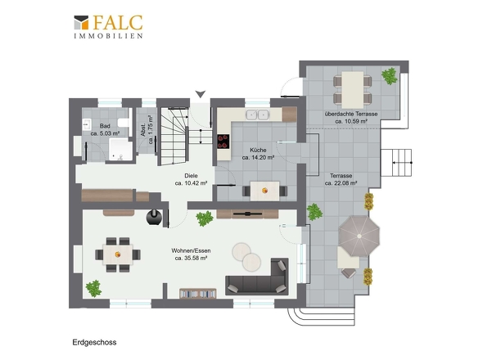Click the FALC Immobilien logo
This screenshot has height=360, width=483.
[108, 27]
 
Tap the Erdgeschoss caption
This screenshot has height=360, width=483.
[95, 343]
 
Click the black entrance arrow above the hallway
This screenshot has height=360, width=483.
[201, 94]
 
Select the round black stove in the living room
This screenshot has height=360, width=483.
[154, 217]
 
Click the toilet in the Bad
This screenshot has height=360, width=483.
[124, 123]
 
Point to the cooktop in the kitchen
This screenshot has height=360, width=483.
[223, 142]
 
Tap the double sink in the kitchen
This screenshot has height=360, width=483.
[257, 115]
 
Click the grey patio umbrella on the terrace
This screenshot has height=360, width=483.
[359, 236]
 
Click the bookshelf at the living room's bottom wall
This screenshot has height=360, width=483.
[198, 294]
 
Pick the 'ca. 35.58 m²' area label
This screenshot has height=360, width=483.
[191, 259]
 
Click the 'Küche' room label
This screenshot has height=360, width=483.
[258, 150]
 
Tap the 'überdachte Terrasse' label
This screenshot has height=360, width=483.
[351, 114]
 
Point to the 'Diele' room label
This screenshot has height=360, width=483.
[191, 176]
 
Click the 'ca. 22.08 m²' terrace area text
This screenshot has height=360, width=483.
[341, 183]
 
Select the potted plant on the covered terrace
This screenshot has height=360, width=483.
[390, 76]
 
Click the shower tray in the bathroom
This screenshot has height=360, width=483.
[121, 150]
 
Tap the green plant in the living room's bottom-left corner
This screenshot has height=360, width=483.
[93, 289]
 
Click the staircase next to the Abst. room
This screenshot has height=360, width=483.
[173, 136]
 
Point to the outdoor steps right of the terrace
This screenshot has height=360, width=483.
[397, 163]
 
